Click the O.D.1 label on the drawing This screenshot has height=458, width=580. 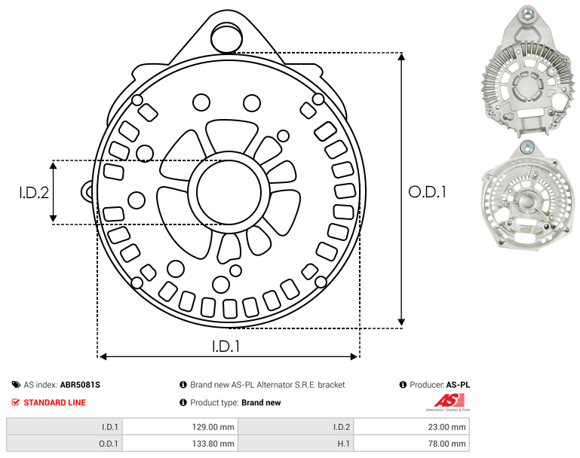427,191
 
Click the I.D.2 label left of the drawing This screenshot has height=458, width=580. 34,192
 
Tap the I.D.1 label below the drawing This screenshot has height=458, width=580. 226,346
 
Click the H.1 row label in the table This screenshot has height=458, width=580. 343,444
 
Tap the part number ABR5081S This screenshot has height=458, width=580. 80,385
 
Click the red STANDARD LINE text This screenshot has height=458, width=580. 55,402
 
